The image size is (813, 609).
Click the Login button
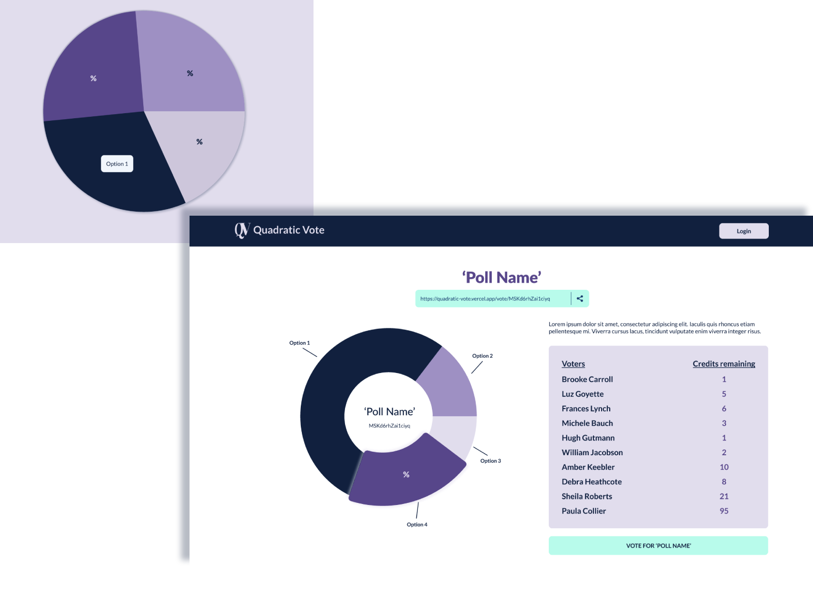[743, 231]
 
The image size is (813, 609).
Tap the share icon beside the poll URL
[580, 298]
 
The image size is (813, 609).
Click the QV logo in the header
[242, 230]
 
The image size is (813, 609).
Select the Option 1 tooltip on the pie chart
[117, 164]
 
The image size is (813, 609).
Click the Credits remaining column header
[724, 364]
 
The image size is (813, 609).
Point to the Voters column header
[573, 364]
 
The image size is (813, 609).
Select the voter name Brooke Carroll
[587, 379]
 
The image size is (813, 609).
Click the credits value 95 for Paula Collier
[724, 511]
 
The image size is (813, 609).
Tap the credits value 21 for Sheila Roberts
[724, 496]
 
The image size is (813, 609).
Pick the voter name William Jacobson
[592, 452]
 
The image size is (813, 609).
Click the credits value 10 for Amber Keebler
[724, 467]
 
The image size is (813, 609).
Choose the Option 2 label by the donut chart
[482, 356]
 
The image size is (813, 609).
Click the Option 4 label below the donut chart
[417, 525]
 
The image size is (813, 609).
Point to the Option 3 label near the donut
[490, 461]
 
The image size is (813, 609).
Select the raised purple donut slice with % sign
[407, 475]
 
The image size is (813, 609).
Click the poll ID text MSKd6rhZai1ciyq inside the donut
[389, 426]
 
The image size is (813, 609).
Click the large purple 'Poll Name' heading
[502, 278]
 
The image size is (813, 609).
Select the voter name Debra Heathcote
[591, 482]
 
